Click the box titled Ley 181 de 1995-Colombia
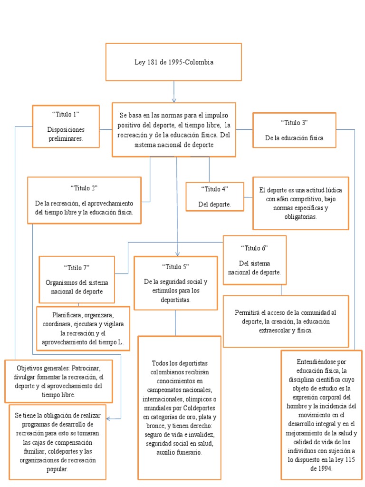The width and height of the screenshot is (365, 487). pyautogui.click(x=173, y=62)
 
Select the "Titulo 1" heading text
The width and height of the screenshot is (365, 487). pyautogui.click(x=66, y=114)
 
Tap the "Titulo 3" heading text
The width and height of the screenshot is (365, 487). pyautogui.click(x=294, y=123)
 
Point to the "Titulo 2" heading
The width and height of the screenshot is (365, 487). pyautogui.click(x=84, y=188)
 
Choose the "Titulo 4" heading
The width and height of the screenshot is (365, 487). pyautogui.click(x=214, y=189)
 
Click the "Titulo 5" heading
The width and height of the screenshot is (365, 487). pyautogui.click(x=175, y=266)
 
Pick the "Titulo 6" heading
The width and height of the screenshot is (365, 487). pyautogui.click(x=254, y=248)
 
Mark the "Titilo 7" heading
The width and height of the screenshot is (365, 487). pyautogui.click(x=77, y=267)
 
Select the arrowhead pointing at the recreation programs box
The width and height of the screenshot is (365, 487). pyautogui.click(x=109, y=419)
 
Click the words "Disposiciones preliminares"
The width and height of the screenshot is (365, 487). pyautogui.click(x=66, y=134)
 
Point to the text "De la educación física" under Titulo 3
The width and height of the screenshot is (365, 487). pyautogui.click(x=294, y=138)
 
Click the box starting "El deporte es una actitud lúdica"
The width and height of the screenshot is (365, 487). pyautogui.click(x=300, y=203)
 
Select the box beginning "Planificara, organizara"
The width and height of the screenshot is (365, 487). pyautogui.click(x=83, y=328)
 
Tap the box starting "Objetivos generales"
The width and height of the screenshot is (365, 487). pyautogui.click(x=58, y=381)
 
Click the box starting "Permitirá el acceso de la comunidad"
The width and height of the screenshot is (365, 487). pyautogui.click(x=286, y=321)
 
